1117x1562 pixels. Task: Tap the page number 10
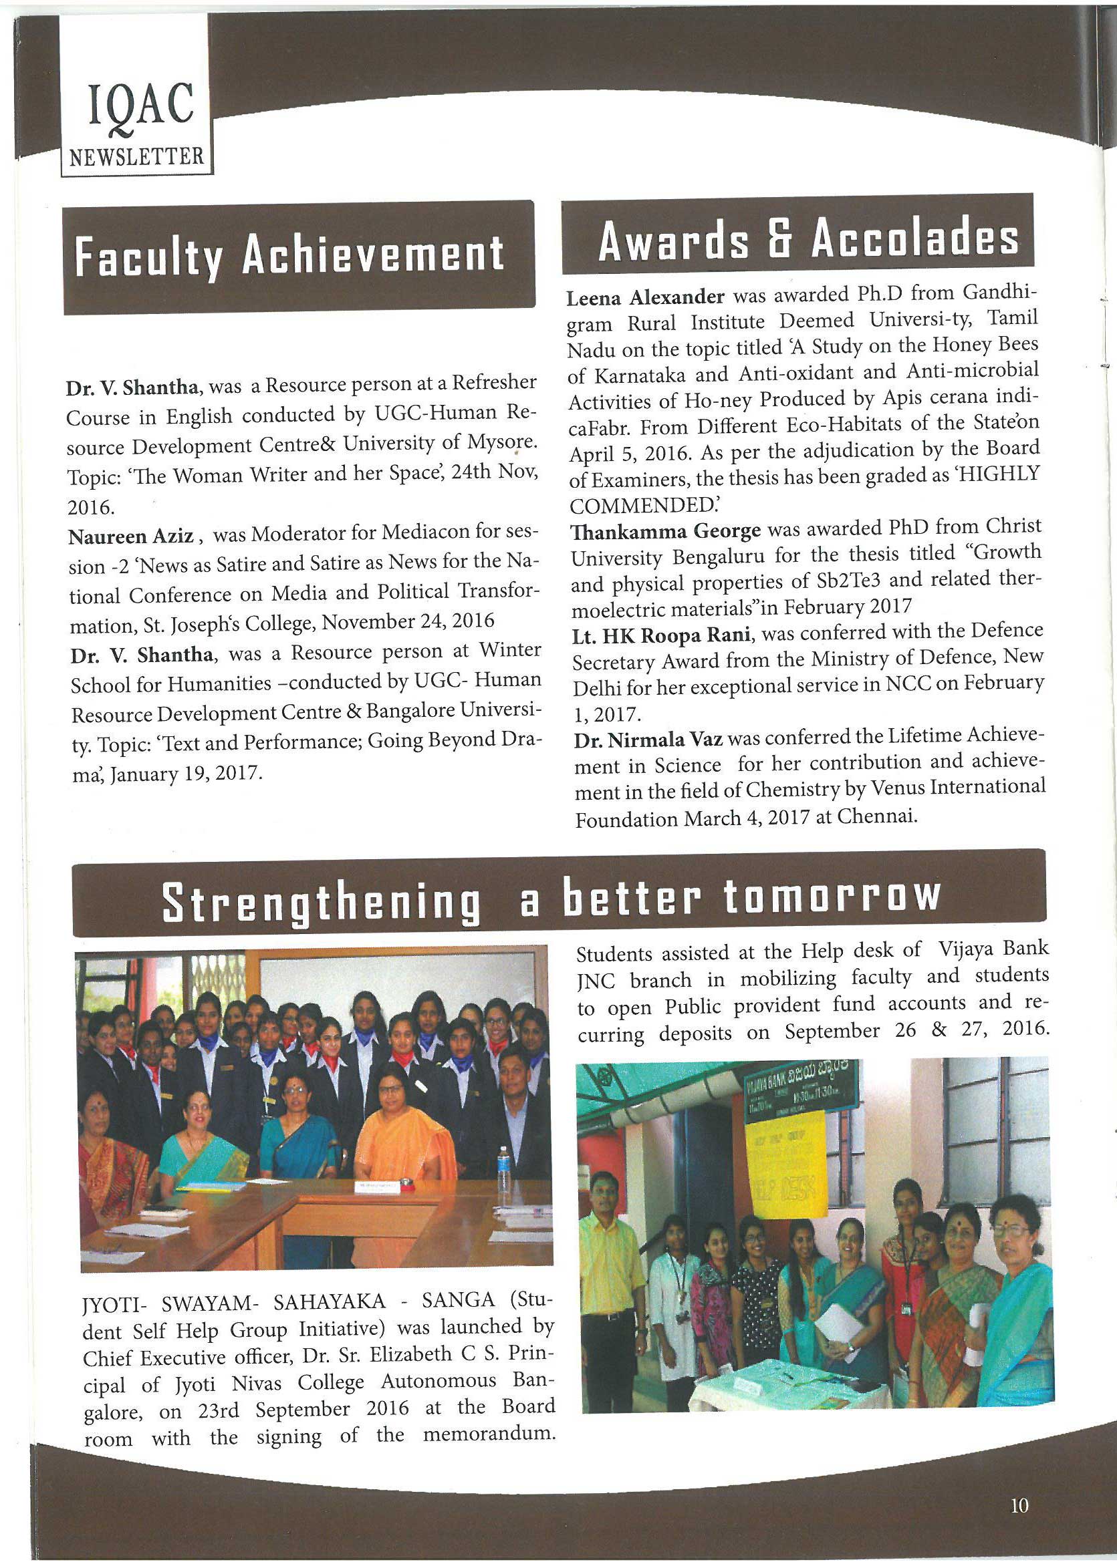[1019, 1506]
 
